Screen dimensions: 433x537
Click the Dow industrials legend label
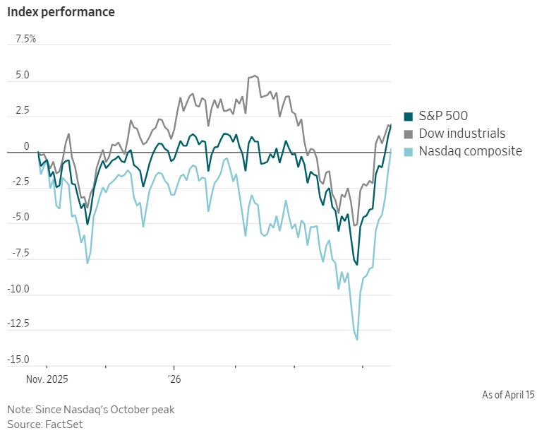tap(462, 134)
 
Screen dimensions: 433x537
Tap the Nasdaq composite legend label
tap(470, 151)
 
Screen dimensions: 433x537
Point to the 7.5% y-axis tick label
tap(21, 39)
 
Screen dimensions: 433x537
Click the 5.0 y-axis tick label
tap(23, 75)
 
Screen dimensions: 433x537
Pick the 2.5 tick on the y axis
tap(23, 111)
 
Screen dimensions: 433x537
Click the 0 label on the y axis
tap(27, 147)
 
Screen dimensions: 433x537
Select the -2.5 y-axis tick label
tap(20, 182)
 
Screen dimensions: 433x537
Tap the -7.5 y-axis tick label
tap(20, 254)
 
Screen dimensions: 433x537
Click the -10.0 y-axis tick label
tap(19, 290)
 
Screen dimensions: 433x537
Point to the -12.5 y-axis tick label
tap(19, 325)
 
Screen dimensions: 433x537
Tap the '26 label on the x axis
tap(174, 379)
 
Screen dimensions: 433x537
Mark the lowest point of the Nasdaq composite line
tap(357, 340)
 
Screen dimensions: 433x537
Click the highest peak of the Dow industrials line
tap(255, 76)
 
